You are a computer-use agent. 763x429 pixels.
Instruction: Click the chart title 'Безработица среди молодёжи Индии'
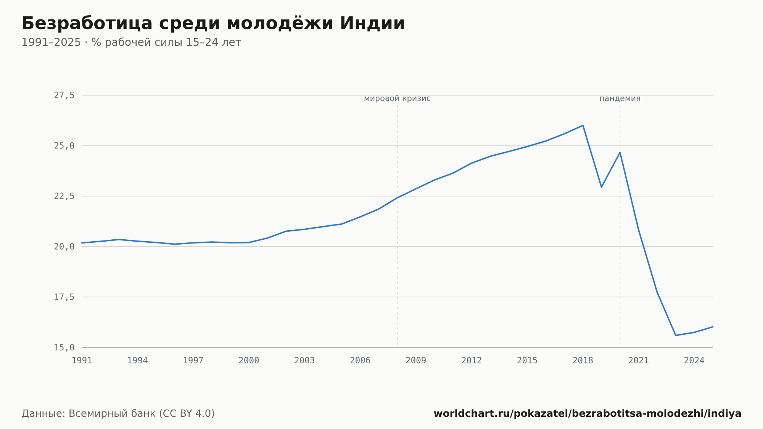pyautogui.click(x=213, y=23)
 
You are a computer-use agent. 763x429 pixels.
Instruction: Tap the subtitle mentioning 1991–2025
pyautogui.click(x=131, y=42)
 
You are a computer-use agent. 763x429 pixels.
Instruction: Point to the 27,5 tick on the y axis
pyautogui.click(x=64, y=95)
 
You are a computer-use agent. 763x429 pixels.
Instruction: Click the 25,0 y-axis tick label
pyautogui.click(x=64, y=146)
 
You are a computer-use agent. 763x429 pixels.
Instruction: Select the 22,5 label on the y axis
pyautogui.click(x=64, y=196)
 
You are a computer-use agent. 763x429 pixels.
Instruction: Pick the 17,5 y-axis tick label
pyautogui.click(x=64, y=297)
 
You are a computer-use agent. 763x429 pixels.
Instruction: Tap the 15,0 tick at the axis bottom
pyautogui.click(x=64, y=347)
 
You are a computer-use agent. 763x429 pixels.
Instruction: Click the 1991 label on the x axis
pyautogui.click(x=82, y=361)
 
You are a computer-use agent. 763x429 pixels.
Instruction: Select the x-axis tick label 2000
pyautogui.click(x=249, y=361)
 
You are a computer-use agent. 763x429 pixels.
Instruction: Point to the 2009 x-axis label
pyautogui.click(x=416, y=361)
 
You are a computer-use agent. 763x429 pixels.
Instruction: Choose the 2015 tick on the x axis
pyautogui.click(x=527, y=361)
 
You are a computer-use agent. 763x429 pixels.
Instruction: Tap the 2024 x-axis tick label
pyautogui.click(x=694, y=361)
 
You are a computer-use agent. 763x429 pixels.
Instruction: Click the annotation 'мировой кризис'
pyautogui.click(x=397, y=98)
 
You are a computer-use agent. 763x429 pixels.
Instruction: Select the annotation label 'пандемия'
pyautogui.click(x=620, y=98)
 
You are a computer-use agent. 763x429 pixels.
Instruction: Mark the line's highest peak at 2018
pyautogui.click(x=583, y=125)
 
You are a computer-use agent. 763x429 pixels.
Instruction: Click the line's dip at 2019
pyautogui.click(x=601, y=187)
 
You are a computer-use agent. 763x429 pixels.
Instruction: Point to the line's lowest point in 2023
pyautogui.click(x=676, y=335)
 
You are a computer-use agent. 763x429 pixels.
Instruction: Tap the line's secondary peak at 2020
pyautogui.click(x=620, y=152)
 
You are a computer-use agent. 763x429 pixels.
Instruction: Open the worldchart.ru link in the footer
pyautogui.click(x=588, y=414)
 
